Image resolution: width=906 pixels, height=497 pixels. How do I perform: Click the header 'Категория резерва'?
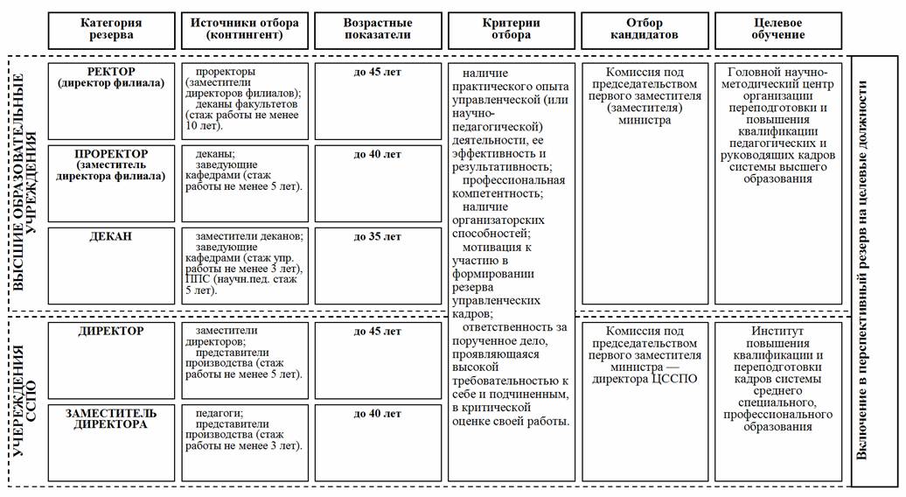[111, 29]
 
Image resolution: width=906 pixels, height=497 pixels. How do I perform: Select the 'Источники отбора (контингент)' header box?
[244, 29]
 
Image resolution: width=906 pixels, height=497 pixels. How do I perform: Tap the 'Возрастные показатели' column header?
[377, 29]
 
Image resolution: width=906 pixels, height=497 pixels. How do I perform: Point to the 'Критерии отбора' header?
[511, 29]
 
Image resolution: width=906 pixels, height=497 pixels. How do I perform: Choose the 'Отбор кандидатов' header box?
[645, 29]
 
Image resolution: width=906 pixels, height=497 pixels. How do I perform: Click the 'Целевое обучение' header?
[778, 29]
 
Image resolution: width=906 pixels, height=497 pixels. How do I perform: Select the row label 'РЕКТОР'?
[112, 72]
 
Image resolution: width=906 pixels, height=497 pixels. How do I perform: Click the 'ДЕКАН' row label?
[111, 237]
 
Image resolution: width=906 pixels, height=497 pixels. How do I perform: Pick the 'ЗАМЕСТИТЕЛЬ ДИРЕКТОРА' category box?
[111, 418]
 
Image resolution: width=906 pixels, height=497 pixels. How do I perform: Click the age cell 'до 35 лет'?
[377, 237]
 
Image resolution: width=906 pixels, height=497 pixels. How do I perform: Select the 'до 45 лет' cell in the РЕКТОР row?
[377, 72]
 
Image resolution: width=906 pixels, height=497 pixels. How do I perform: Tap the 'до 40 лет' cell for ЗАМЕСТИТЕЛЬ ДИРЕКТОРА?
[377, 413]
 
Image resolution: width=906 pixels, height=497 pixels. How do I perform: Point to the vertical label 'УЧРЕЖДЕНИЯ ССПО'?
[24, 400]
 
